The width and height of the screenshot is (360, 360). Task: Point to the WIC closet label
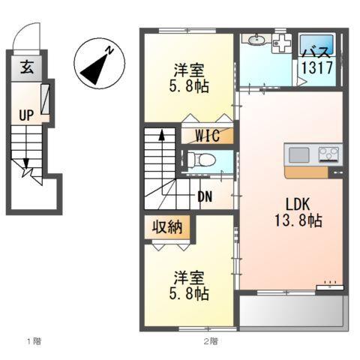pos(207,136)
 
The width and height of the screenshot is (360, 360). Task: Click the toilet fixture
pos(200,160)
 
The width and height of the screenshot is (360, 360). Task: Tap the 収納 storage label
pos(166,227)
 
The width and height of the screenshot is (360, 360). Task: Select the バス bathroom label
pos(316,52)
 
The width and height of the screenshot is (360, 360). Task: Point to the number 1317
pos(316,67)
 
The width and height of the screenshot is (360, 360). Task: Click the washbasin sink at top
pos(258,40)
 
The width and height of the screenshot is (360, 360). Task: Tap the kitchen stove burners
pos(328,154)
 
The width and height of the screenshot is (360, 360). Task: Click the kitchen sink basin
pos(299,155)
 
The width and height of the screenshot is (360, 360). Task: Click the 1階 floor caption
pos(34,342)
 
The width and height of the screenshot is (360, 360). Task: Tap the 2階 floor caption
pos(209,342)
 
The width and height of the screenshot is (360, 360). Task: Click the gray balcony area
pos(293,309)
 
